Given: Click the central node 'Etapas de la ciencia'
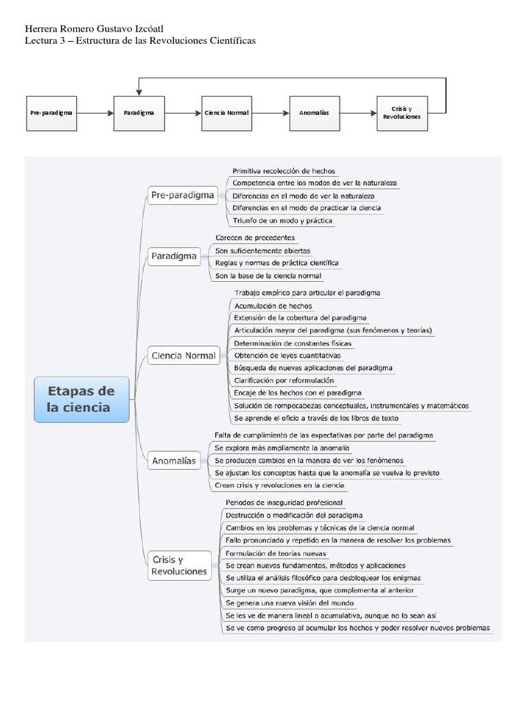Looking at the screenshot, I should click(81, 399).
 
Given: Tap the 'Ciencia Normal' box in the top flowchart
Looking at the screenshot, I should click(226, 112).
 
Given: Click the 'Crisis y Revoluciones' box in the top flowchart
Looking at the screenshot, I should click(401, 112).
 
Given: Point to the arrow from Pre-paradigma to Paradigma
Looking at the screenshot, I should click(95, 112).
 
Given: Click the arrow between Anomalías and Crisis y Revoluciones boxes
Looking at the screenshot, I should click(358, 112).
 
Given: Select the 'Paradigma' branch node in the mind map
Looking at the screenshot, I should click(174, 256).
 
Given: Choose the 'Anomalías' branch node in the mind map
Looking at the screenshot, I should click(173, 461).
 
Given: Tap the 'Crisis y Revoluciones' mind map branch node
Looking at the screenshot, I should click(178, 565).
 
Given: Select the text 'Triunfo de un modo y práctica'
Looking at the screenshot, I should click(283, 221).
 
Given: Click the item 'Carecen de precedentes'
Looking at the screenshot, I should click(255, 237).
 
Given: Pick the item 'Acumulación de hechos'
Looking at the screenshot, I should click(273, 306).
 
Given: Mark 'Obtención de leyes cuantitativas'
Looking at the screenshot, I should click(287, 355).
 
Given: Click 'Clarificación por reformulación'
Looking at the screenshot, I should click(284, 380).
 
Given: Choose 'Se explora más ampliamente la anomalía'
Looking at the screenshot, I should click(281, 448).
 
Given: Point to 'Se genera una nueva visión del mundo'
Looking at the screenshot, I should click(290, 603).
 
